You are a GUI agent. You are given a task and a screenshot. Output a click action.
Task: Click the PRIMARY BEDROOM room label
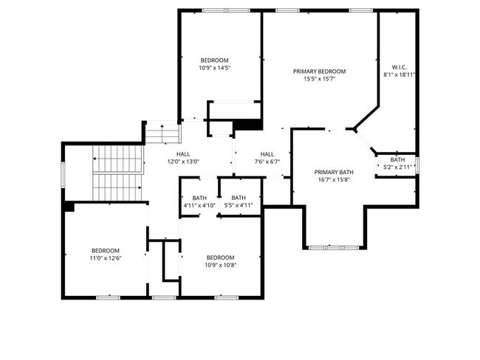tap(319, 72)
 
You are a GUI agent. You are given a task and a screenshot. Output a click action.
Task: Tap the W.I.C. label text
tap(399, 67)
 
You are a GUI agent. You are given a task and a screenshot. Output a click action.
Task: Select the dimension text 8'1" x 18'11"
tap(399, 75)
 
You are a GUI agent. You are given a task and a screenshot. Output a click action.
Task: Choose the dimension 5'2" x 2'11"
tap(397, 167)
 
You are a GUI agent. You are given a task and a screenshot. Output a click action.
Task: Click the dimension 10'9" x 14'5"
tap(214, 68)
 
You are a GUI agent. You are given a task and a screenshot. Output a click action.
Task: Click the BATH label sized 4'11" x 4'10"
tap(199, 198)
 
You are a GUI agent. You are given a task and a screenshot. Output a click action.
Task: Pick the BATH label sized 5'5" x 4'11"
tap(239, 198)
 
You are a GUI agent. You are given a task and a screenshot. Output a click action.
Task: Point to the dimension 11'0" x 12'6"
tap(105, 258)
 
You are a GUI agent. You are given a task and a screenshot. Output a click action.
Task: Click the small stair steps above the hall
tap(153, 134)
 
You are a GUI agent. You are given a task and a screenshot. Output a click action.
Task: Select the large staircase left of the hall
tap(115, 173)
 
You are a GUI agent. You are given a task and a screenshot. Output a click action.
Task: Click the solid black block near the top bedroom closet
tap(248, 125)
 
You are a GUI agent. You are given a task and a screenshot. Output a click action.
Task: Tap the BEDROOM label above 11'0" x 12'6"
tap(105, 250)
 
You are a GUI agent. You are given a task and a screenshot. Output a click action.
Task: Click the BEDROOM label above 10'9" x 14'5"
tap(214, 60)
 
